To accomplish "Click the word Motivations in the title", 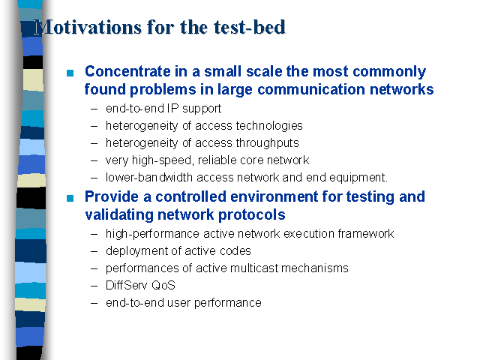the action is coord(88,27).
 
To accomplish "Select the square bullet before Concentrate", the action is coord(70,73).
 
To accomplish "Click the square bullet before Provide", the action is coord(70,198).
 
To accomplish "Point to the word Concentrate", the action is coord(127,71).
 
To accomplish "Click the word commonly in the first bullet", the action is coord(389,72).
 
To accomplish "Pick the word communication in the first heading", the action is coord(311,89).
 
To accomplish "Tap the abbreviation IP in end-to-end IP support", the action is coord(172,108).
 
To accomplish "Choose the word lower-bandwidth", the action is coord(149,177).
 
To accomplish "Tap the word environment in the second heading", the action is coord(274,196).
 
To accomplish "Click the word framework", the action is coord(366,233).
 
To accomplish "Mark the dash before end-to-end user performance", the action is coord(94,303).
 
